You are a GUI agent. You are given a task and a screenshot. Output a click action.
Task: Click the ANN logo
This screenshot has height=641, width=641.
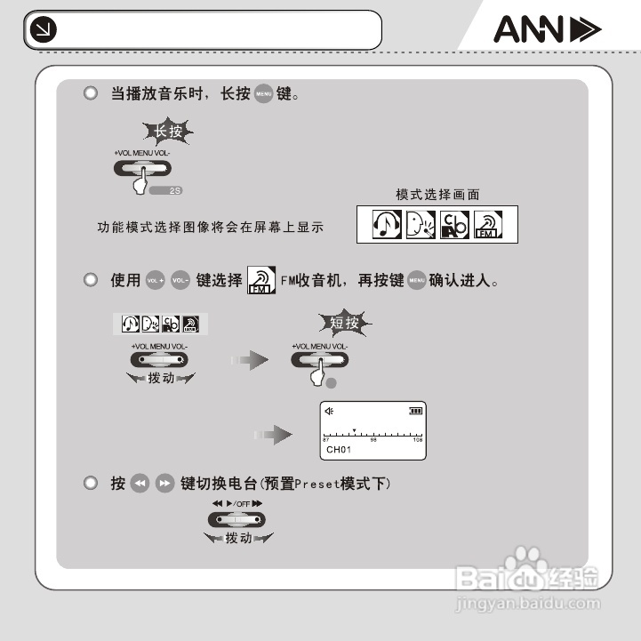tap(548, 32)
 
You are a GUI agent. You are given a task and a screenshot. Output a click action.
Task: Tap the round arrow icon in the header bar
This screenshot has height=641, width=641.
tap(42, 31)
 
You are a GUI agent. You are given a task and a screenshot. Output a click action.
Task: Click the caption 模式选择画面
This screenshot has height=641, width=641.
tap(437, 195)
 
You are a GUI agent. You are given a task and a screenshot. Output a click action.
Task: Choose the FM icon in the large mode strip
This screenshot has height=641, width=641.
tap(487, 226)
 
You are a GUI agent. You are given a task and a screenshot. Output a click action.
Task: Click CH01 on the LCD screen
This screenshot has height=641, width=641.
tap(340, 450)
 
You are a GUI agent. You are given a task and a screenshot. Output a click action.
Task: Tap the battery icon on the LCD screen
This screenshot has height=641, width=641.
tap(415, 411)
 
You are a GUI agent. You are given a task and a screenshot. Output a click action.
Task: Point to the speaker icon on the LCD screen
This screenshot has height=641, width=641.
tap(331, 411)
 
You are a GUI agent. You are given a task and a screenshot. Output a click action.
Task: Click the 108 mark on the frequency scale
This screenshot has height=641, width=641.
tap(418, 440)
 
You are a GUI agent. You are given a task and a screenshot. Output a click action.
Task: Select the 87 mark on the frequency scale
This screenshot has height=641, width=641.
tap(325, 440)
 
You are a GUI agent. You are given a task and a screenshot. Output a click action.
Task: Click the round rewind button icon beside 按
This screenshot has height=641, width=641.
tap(139, 484)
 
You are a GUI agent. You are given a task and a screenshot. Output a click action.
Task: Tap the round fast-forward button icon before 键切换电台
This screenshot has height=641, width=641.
tap(164, 484)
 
